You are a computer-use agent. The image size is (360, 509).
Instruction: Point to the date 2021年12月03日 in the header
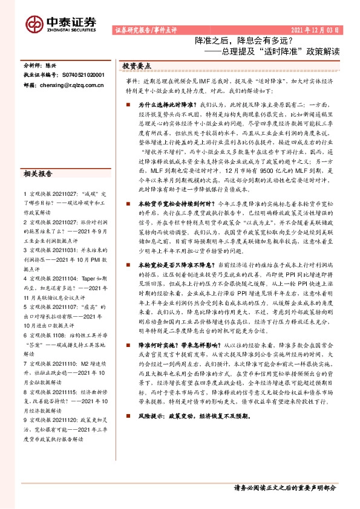click(317, 30)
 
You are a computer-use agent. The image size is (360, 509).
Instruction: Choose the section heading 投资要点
click(136, 65)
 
